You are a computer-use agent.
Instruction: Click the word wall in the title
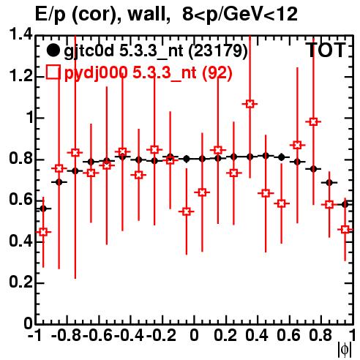pos(149,14)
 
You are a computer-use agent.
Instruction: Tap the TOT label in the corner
pos(326,50)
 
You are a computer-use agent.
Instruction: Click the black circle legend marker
pos(53,50)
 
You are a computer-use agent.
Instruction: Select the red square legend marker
pos(53,72)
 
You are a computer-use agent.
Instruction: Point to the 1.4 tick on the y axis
pos(20,34)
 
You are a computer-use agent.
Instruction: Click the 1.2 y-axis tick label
pos(20,76)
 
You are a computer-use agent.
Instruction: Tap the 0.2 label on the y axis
pos(20,282)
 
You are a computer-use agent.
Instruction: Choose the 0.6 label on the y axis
pos(20,200)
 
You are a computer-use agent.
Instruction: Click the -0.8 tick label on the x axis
pos(67,335)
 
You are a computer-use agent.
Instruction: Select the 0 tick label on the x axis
pos(194,335)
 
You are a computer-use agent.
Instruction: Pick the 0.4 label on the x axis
pos(257,335)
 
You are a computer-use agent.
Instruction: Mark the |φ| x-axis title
pos(345,350)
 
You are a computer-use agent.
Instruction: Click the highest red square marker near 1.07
pos(250,104)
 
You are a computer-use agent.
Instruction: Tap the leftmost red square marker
pos(43,232)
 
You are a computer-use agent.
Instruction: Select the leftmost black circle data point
pos(43,209)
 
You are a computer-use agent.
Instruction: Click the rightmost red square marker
pos(345,230)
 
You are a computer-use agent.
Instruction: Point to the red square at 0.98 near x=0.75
pos(313,121)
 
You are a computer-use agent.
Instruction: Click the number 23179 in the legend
pos(218,51)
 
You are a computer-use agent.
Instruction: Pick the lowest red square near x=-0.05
pos(187,211)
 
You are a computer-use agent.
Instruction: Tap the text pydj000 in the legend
pos(96,73)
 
